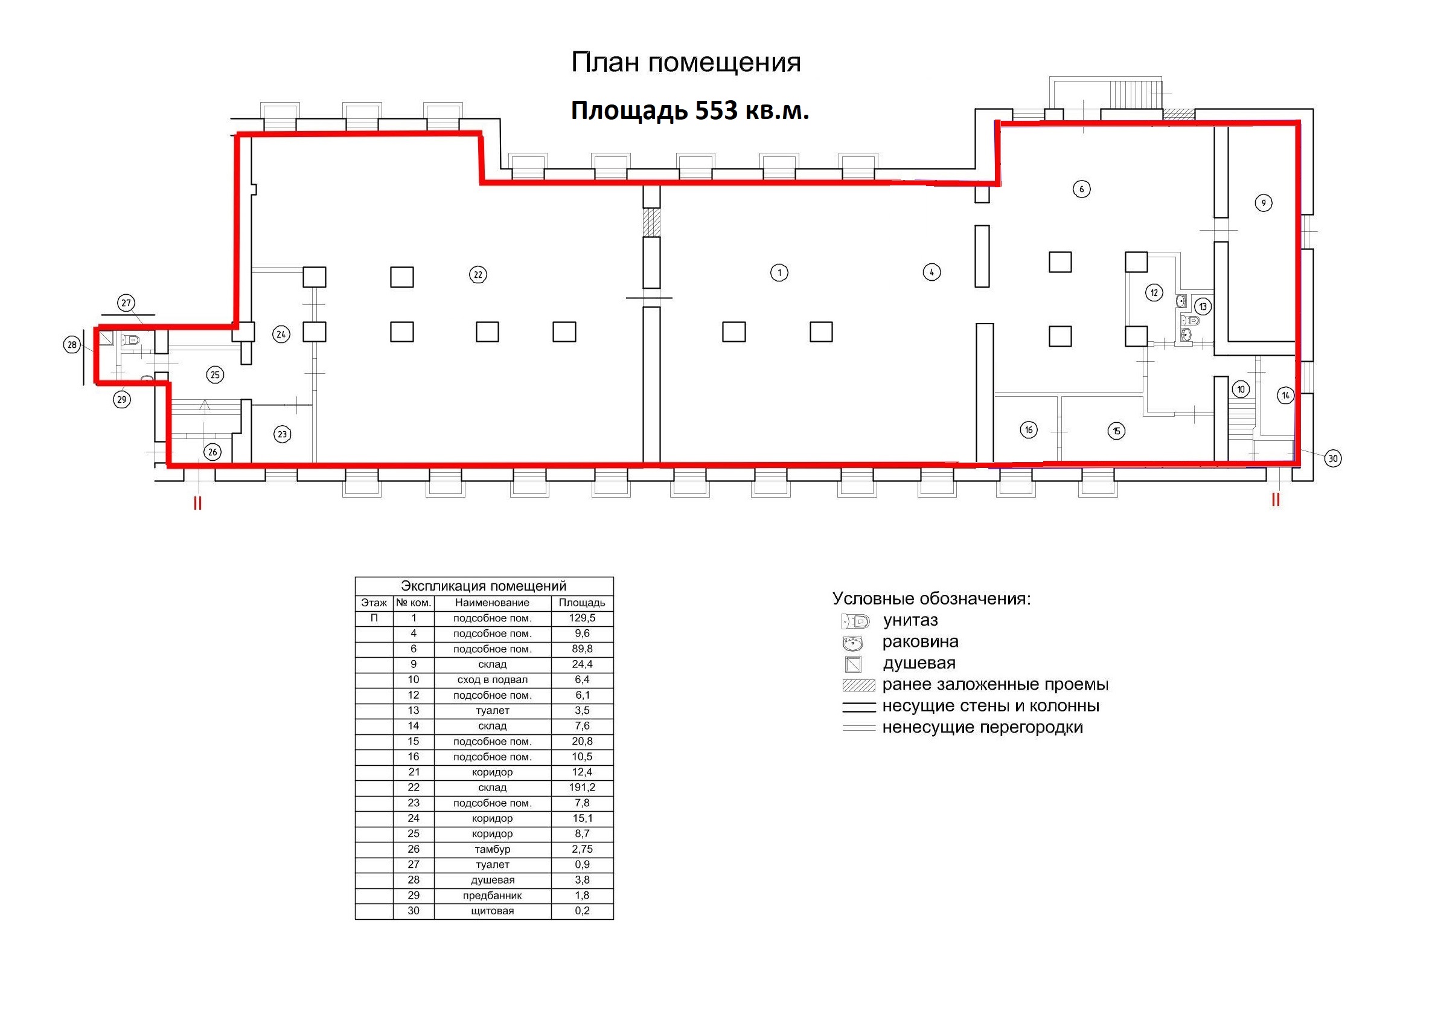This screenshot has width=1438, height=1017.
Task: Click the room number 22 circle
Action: (x=478, y=274)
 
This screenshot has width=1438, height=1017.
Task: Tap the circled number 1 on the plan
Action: (x=779, y=272)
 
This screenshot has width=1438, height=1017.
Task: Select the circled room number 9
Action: (x=1264, y=203)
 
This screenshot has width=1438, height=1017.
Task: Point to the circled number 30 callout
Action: (x=1333, y=459)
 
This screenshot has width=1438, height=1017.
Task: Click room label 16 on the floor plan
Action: (x=1029, y=430)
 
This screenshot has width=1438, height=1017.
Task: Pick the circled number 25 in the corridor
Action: (x=215, y=374)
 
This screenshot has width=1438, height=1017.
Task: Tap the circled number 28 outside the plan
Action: (x=72, y=345)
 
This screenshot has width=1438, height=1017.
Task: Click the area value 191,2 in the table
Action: (x=582, y=788)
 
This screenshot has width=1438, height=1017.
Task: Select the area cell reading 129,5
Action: (x=582, y=618)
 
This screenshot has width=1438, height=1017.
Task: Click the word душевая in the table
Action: (x=492, y=880)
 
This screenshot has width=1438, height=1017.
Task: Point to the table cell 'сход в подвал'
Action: (x=492, y=680)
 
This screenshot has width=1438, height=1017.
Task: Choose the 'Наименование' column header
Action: (x=492, y=603)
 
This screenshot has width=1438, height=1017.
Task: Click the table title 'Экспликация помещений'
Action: (x=484, y=586)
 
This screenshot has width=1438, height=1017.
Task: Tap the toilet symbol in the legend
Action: (x=855, y=621)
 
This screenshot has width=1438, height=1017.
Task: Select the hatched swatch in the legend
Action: (x=858, y=685)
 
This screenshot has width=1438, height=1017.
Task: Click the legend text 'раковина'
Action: (x=920, y=641)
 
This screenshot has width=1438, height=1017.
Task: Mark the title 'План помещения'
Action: (x=686, y=63)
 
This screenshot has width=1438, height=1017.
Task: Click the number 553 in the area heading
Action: (x=717, y=111)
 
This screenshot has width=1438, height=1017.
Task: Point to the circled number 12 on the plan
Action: (x=1154, y=293)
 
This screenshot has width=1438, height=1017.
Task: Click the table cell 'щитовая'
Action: (x=492, y=911)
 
